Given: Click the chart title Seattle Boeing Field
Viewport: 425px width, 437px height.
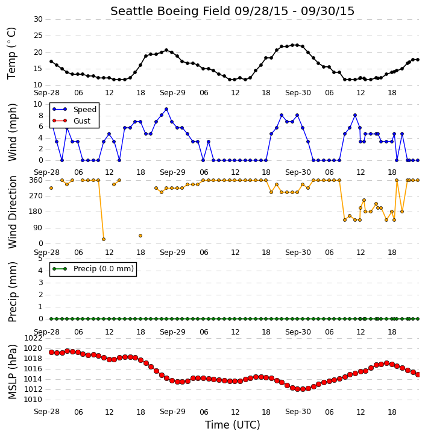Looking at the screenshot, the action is (170, 11).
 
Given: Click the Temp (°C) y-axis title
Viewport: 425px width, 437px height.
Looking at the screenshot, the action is (11, 54).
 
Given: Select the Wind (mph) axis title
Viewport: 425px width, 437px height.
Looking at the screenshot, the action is (12, 133).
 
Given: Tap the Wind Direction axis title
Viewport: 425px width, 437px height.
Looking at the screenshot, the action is (12, 212).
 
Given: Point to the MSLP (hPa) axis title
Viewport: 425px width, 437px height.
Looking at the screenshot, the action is (12, 372).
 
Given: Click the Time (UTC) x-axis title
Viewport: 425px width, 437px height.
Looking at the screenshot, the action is (233, 425).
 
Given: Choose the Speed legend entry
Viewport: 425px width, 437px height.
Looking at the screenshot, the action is (74, 110).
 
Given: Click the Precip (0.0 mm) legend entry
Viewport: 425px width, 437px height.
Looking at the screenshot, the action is (93, 269).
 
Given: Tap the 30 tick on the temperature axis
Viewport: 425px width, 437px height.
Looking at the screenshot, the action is (38, 19).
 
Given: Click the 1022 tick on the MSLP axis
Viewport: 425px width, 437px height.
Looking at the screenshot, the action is (33, 338).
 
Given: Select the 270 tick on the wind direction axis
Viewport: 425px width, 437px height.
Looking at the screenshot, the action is (36, 196).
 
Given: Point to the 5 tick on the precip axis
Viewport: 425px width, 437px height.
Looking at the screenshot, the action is (40, 259).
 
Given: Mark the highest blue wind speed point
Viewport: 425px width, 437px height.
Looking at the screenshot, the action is (166, 109).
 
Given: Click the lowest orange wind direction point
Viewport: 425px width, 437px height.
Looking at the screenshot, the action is (104, 239).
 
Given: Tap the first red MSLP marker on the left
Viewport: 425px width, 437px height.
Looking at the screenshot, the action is (52, 352).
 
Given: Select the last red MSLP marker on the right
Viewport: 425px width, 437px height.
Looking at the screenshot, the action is (418, 375).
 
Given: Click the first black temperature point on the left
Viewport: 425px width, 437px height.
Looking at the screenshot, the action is (51, 61).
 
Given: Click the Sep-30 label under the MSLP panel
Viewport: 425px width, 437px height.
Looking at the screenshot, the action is (298, 412).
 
